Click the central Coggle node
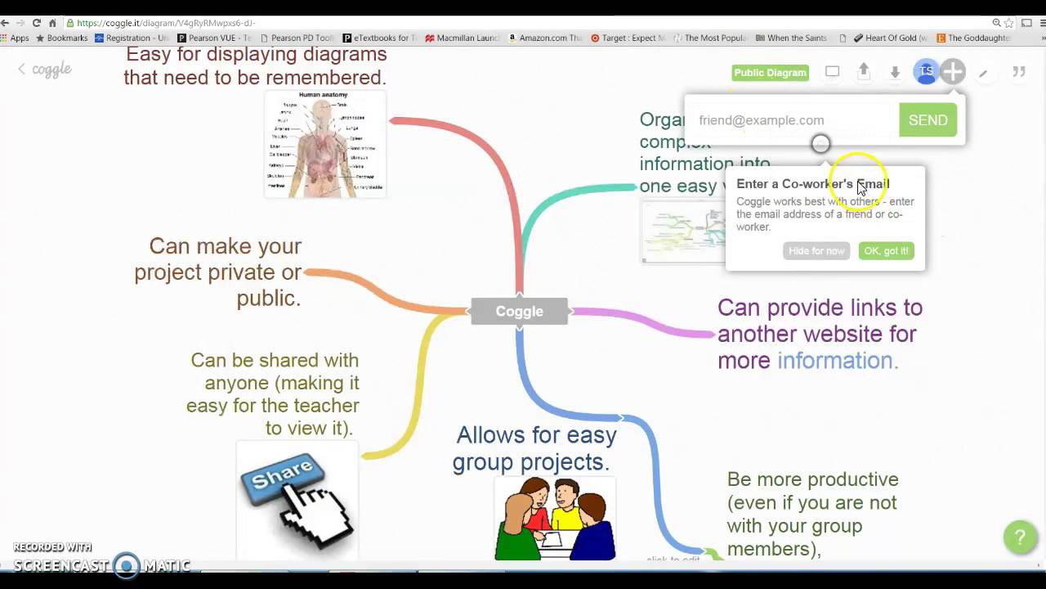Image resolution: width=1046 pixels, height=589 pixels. [519, 311]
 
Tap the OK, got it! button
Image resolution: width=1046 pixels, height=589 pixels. [886, 251]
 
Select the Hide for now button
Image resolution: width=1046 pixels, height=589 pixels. [816, 251]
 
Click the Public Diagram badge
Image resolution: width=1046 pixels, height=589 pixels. [770, 73]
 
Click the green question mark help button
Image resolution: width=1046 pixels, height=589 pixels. [1019, 537]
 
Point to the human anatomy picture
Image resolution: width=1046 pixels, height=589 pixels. [325, 144]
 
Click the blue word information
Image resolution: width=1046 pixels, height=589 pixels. [837, 361]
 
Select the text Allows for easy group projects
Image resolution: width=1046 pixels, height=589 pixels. [535, 448]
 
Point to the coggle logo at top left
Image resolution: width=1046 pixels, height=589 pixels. [51, 70]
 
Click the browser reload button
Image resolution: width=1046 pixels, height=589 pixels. [36, 23]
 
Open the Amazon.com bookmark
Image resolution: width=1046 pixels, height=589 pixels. [545, 38]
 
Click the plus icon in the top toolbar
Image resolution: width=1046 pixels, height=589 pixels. [953, 72]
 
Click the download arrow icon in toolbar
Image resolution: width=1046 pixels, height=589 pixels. [895, 72]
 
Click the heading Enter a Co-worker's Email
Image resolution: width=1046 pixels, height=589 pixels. [812, 184]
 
